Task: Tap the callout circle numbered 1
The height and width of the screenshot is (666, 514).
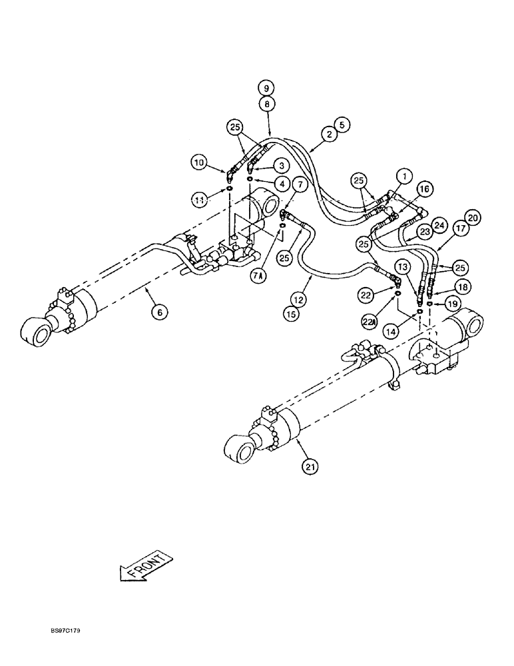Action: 403,176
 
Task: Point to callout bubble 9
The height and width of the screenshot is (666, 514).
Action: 266,88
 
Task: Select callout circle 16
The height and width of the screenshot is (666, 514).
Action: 424,190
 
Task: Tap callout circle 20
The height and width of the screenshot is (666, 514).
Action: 473,218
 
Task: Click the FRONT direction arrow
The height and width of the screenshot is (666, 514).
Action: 145,565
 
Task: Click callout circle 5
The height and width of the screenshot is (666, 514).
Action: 342,124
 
